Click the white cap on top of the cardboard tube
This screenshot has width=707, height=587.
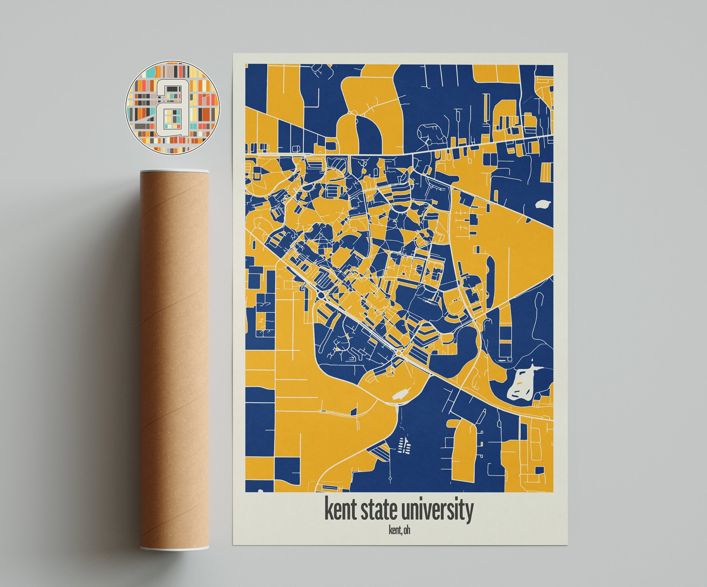174,171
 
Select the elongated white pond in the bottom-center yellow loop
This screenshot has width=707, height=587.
401,394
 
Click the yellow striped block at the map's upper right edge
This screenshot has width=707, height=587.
546,172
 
